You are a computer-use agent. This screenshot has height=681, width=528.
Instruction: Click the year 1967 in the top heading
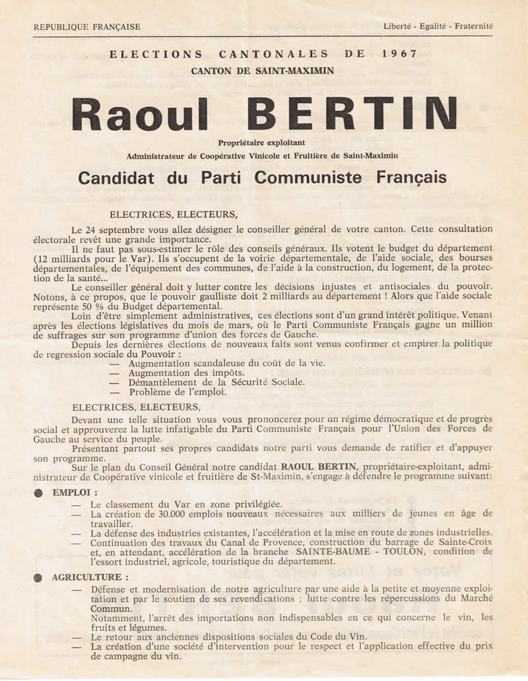[398, 55]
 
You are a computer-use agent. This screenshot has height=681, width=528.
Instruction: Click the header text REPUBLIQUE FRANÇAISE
[86, 27]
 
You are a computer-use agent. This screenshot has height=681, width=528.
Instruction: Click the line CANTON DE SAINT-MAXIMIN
[263, 71]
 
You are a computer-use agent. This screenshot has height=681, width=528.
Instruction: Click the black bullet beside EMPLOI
[39, 493]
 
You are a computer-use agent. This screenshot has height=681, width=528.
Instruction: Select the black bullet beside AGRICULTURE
[39, 577]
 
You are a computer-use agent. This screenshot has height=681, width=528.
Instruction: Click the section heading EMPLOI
[75, 493]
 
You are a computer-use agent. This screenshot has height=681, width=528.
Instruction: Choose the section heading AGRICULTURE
[90, 577]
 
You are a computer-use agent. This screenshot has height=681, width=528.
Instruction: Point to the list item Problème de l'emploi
[178, 392]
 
